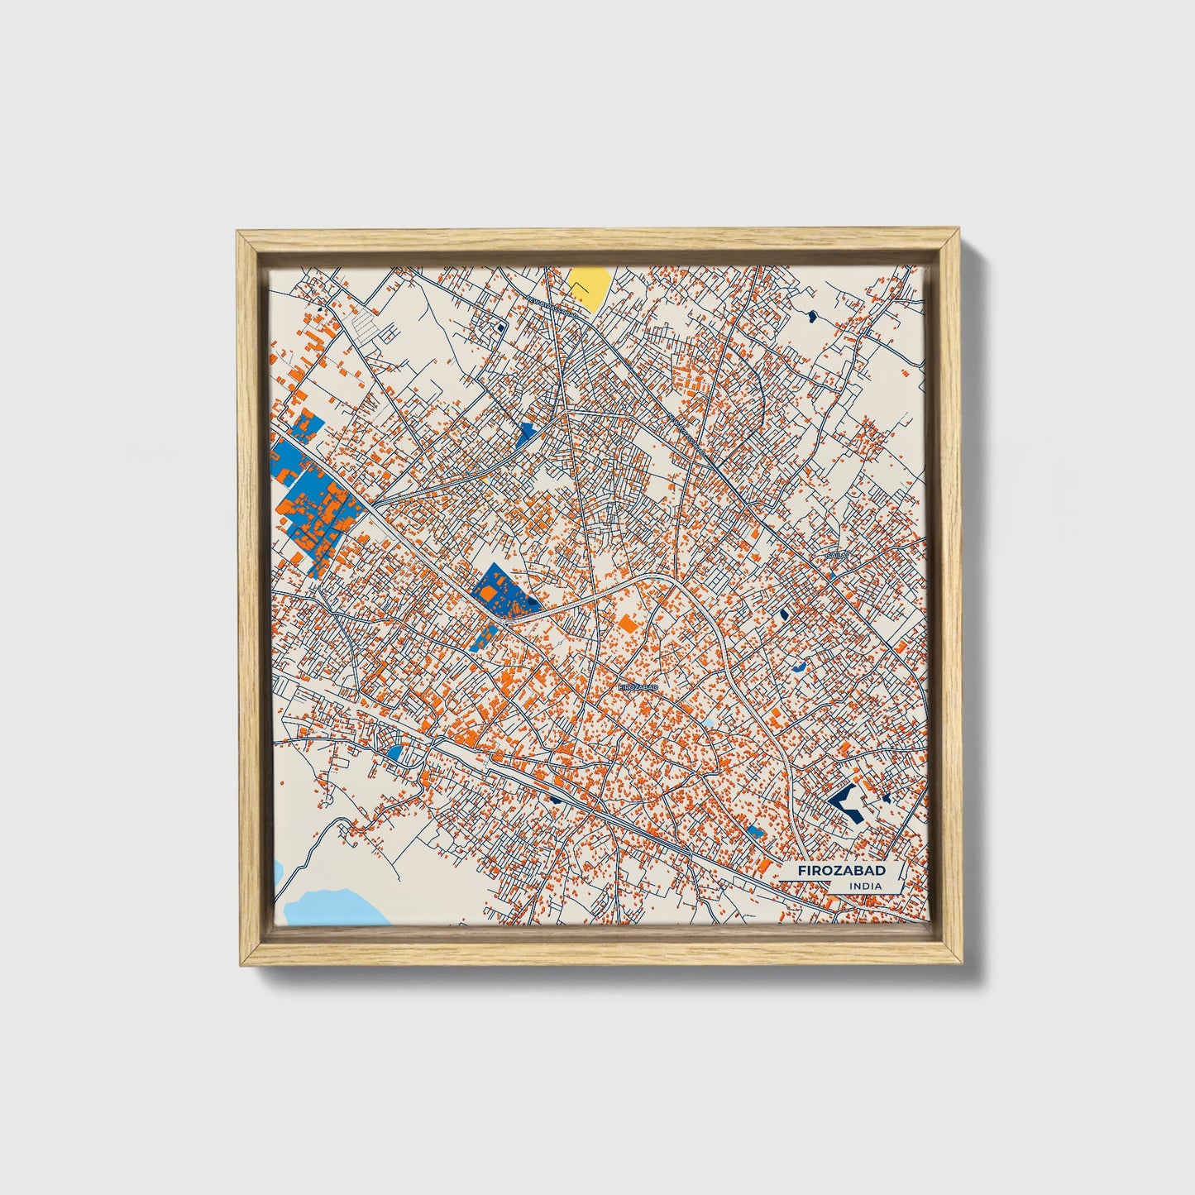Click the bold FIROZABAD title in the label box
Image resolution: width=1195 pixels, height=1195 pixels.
point(840,871)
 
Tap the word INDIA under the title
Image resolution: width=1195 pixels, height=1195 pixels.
point(865,887)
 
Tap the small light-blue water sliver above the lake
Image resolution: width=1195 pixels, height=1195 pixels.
point(278,870)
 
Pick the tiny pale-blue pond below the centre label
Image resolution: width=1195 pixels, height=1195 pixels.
point(708,724)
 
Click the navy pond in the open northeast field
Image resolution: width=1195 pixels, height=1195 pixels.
point(810,314)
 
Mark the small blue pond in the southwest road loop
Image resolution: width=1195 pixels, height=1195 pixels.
point(395,753)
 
